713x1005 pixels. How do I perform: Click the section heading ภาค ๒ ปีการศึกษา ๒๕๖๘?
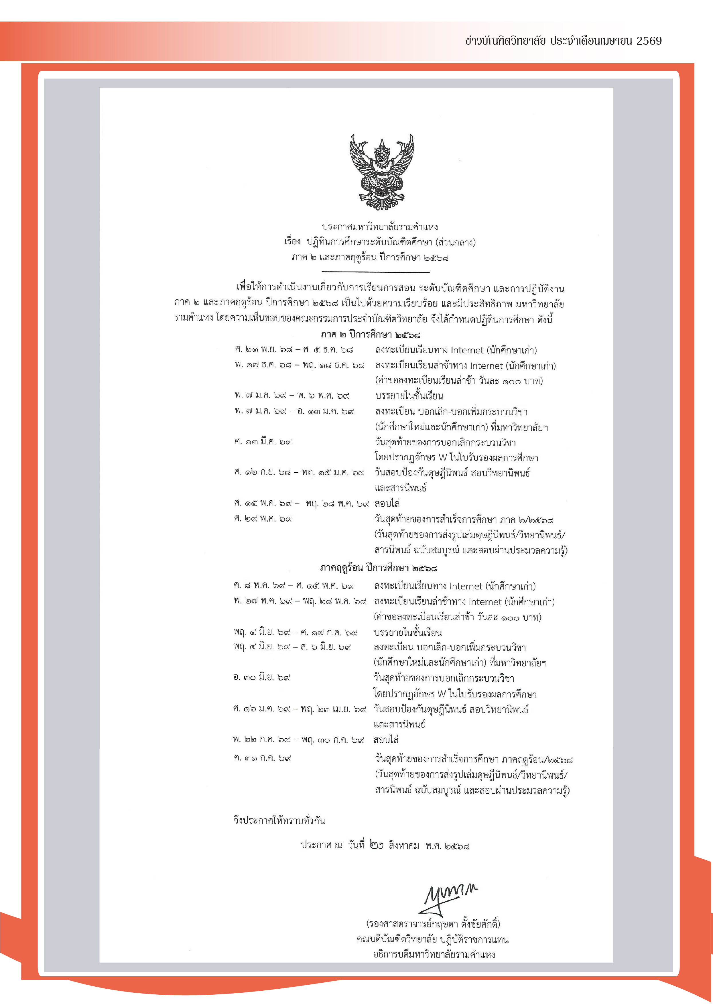coord(370,335)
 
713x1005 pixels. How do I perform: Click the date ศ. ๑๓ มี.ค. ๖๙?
coord(263,442)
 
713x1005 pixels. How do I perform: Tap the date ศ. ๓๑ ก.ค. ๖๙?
coord(262,758)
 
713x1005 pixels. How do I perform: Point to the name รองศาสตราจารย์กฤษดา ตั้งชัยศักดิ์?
coord(433,924)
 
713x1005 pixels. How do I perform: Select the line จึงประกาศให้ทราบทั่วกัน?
coord(279,820)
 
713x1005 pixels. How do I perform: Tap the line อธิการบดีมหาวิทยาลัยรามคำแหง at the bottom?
coord(434,955)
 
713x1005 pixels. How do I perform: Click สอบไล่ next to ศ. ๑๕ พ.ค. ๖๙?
coord(387,503)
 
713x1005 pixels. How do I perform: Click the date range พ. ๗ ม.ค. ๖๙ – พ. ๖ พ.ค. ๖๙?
coord(292,396)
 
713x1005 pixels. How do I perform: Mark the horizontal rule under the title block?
coord(369,272)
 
